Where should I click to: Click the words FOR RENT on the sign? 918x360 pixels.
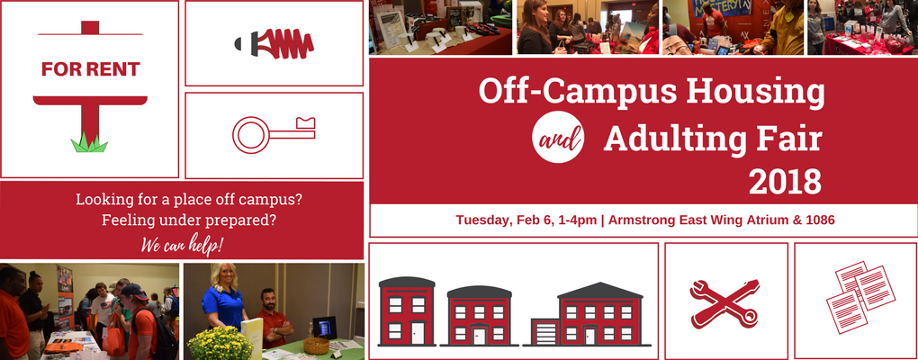pyautogui.click(x=90, y=69)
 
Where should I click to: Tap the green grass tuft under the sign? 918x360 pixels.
pyautogui.click(x=89, y=143)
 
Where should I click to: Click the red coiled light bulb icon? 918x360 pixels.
pyautogui.click(x=274, y=44)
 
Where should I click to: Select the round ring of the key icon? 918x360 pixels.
pyautogui.click(x=250, y=135)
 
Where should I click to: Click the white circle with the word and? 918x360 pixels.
pyautogui.click(x=558, y=137)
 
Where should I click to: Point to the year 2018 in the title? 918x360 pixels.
pyautogui.click(x=785, y=182)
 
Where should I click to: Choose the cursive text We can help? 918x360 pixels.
pyautogui.click(x=182, y=245)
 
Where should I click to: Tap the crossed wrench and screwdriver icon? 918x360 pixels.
pyautogui.click(x=724, y=302)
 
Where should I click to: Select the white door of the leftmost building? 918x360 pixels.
pyautogui.click(x=417, y=332)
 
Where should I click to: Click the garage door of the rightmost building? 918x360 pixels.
pyautogui.click(x=545, y=332)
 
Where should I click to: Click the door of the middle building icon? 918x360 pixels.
pyautogui.click(x=480, y=336)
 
